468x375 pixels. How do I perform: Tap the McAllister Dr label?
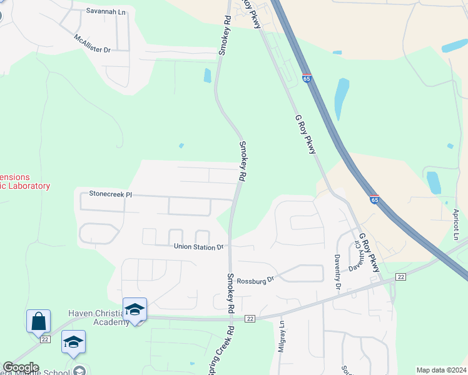coord(92,43)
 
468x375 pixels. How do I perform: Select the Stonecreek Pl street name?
coord(111,194)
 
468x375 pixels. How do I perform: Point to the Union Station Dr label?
coord(199,247)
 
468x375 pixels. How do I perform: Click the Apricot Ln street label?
coord(456,224)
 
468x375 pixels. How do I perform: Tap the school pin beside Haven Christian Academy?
coord(135,310)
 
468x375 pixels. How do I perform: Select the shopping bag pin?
coord(38,321)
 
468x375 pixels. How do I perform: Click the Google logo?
coord(21,367)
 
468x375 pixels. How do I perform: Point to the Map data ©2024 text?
coord(440,370)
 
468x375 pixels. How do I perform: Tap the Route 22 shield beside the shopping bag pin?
coord(44,339)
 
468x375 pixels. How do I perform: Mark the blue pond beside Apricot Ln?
coord(433,182)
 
